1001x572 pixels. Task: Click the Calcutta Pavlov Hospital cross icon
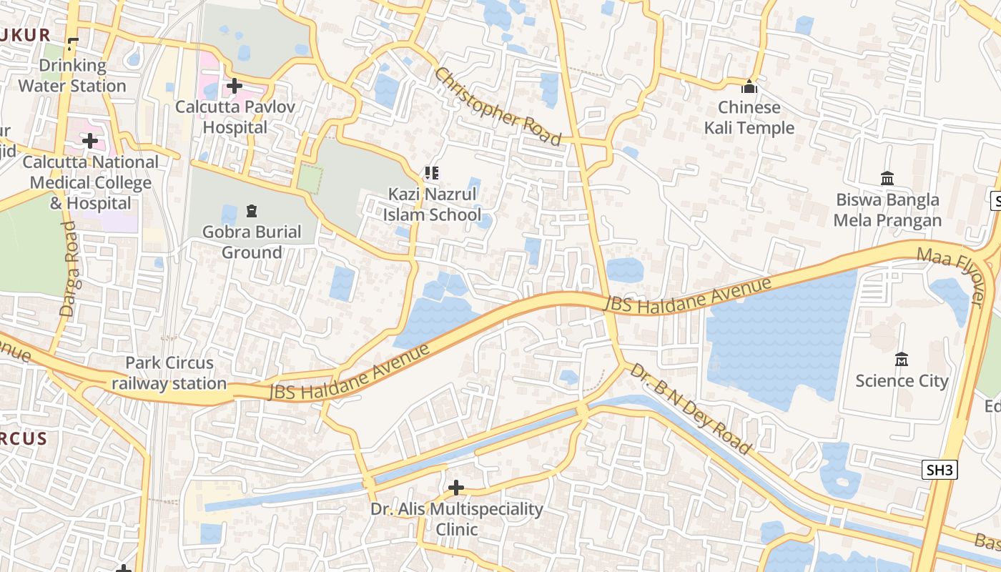click(x=234, y=87)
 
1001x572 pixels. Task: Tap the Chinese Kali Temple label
click(x=749, y=118)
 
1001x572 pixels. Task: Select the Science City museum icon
click(x=902, y=359)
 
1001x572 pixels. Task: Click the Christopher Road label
click(x=498, y=106)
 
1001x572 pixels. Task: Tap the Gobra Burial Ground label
click(x=252, y=242)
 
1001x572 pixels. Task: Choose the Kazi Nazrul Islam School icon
click(x=431, y=173)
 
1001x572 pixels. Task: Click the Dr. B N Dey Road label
click(x=691, y=408)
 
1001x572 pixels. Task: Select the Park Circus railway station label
click(x=169, y=373)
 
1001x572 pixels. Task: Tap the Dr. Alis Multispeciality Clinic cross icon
click(x=455, y=488)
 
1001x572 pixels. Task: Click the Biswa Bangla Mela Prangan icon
click(x=887, y=178)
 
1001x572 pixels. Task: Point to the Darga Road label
click(x=69, y=268)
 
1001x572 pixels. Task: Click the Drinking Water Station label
click(x=72, y=76)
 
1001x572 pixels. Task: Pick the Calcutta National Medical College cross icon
click(x=89, y=141)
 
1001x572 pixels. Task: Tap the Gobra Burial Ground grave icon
click(x=251, y=211)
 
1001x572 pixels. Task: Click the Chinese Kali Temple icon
click(x=749, y=87)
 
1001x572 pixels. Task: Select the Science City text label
click(x=902, y=380)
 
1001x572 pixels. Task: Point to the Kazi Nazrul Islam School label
click(x=432, y=204)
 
